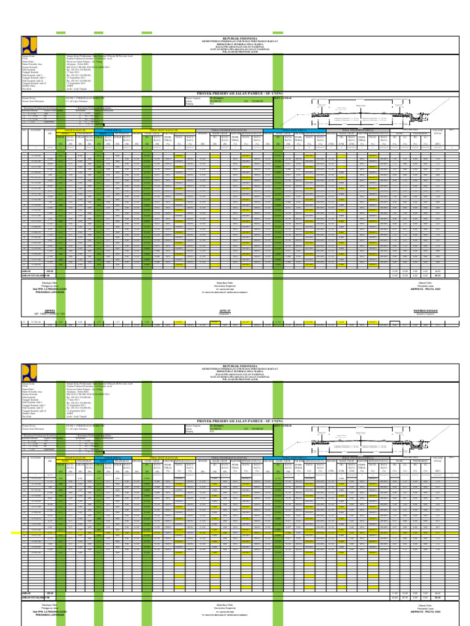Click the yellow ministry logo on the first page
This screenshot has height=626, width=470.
28,45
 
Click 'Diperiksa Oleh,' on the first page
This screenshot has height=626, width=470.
224,282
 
